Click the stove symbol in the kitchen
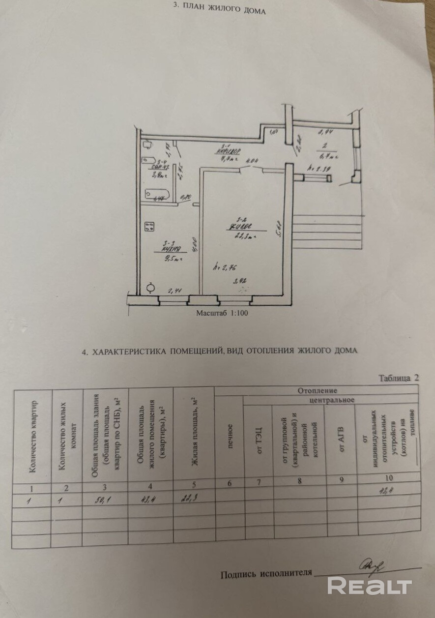[149, 227]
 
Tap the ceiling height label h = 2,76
[220, 268]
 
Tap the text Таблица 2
[400, 378]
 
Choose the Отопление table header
[316, 391]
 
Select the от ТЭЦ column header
[259, 436]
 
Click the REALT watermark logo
[370, 586]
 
